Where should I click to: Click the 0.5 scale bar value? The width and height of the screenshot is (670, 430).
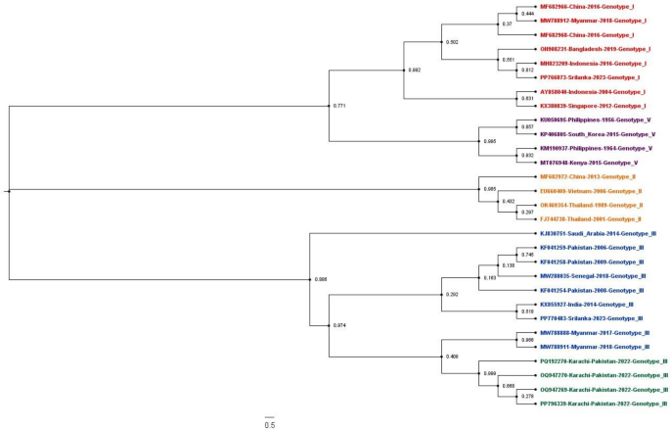coord(269,424)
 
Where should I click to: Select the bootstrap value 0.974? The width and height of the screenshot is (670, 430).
coord(339,324)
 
